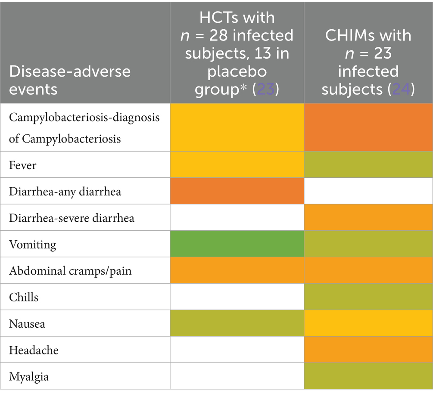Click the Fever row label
click(x=22, y=165)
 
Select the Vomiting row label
click(x=32, y=245)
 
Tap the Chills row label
click(x=23, y=297)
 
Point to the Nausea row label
click(x=27, y=324)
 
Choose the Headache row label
click(x=34, y=350)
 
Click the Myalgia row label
click(x=29, y=377)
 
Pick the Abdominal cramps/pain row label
click(x=70, y=271)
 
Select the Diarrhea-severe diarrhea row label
click(x=72, y=218)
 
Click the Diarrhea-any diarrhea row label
click(x=65, y=191)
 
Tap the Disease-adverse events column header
click(x=69, y=80)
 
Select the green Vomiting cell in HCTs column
click(x=237, y=244)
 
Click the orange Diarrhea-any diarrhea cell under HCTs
click(x=237, y=191)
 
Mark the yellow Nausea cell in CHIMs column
click(x=368, y=324)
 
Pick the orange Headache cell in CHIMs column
click(x=368, y=350)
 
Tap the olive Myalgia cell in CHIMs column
click(x=368, y=377)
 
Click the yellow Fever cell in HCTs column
click(x=237, y=164)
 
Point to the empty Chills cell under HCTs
click(x=237, y=297)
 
